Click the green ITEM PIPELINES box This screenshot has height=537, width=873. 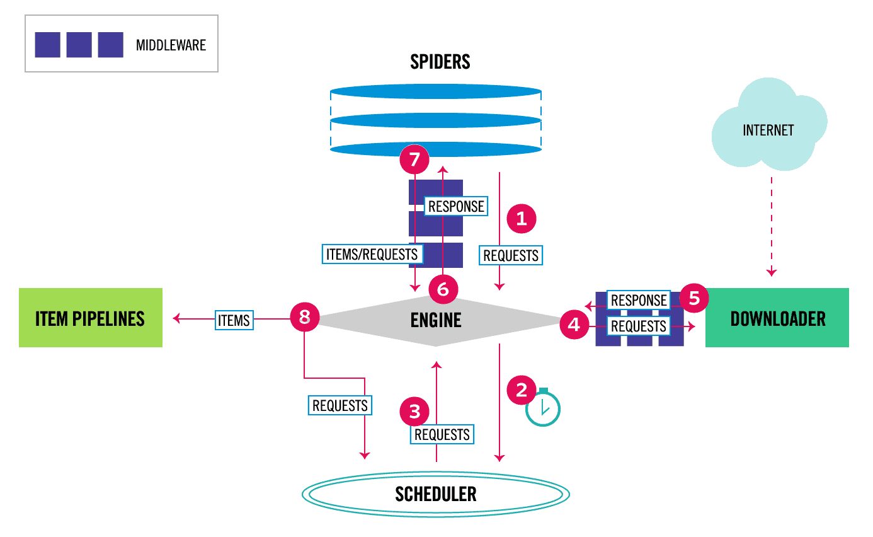[x=91, y=318]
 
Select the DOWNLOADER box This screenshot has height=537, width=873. [x=777, y=318]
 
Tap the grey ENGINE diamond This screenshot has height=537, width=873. [x=436, y=321]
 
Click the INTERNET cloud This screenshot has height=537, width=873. [x=768, y=125]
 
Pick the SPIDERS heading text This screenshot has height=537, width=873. [x=440, y=62]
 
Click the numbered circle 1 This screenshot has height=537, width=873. [x=522, y=218]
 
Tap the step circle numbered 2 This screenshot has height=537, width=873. [x=522, y=390]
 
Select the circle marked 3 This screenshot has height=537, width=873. [x=414, y=412]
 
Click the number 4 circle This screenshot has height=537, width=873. [x=574, y=325]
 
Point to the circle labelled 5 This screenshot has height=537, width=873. [x=694, y=298]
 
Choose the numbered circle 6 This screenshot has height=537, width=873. [x=443, y=289]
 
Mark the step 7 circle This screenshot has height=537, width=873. [x=414, y=159]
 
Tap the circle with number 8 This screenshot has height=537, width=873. [x=305, y=317]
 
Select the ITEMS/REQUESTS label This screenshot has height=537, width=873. [x=372, y=254]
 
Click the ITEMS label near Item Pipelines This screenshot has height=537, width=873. [x=234, y=320]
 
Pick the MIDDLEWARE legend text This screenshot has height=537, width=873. [x=171, y=45]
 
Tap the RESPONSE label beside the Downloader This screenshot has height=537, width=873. [x=639, y=300]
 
